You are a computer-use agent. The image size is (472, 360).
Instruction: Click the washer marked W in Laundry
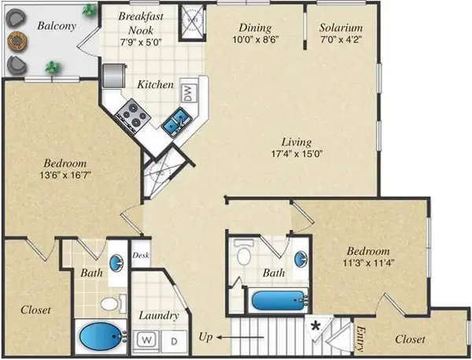tap(146, 340)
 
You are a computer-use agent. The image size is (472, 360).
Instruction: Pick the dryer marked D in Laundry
tap(174, 341)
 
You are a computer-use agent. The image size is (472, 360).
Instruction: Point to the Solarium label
tap(341, 28)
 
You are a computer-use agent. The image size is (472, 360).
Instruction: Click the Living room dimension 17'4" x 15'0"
tap(297, 154)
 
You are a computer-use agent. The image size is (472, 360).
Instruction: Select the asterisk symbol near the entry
tap(315, 325)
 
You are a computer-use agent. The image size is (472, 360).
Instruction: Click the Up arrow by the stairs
tap(240, 337)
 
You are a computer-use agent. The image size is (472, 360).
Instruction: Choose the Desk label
tap(141, 255)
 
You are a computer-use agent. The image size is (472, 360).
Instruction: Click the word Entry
tap(360, 339)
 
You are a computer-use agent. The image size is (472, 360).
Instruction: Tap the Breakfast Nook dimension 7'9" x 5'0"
tap(141, 42)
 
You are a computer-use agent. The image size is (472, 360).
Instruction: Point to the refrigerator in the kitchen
tap(113, 75)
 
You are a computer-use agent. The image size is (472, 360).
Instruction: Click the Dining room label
tap(255, 28)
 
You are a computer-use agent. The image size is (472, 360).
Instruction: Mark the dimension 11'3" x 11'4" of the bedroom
tap(368, 263)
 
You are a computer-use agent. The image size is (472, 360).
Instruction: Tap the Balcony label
tap(57, 26)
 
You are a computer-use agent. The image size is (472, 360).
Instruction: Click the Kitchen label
tap(155, 85)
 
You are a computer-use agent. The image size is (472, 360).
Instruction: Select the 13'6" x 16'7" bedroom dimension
tap(65, 174)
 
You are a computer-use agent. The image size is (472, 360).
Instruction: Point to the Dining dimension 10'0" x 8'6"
tap(256, 39)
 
